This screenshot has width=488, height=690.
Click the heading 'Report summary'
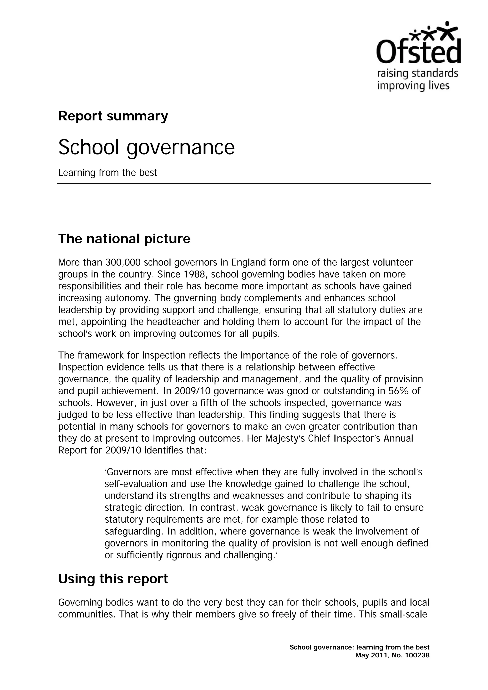[x=113, y=116]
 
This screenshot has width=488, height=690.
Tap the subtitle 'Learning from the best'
[x=107, y=173]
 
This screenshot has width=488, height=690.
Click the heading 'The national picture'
[x=124, y=239]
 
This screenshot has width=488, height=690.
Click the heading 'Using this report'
[x=113, y=579]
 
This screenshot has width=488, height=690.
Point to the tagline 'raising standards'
[x=418, y=73]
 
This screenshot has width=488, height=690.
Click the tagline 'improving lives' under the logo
[x=413, y=86]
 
